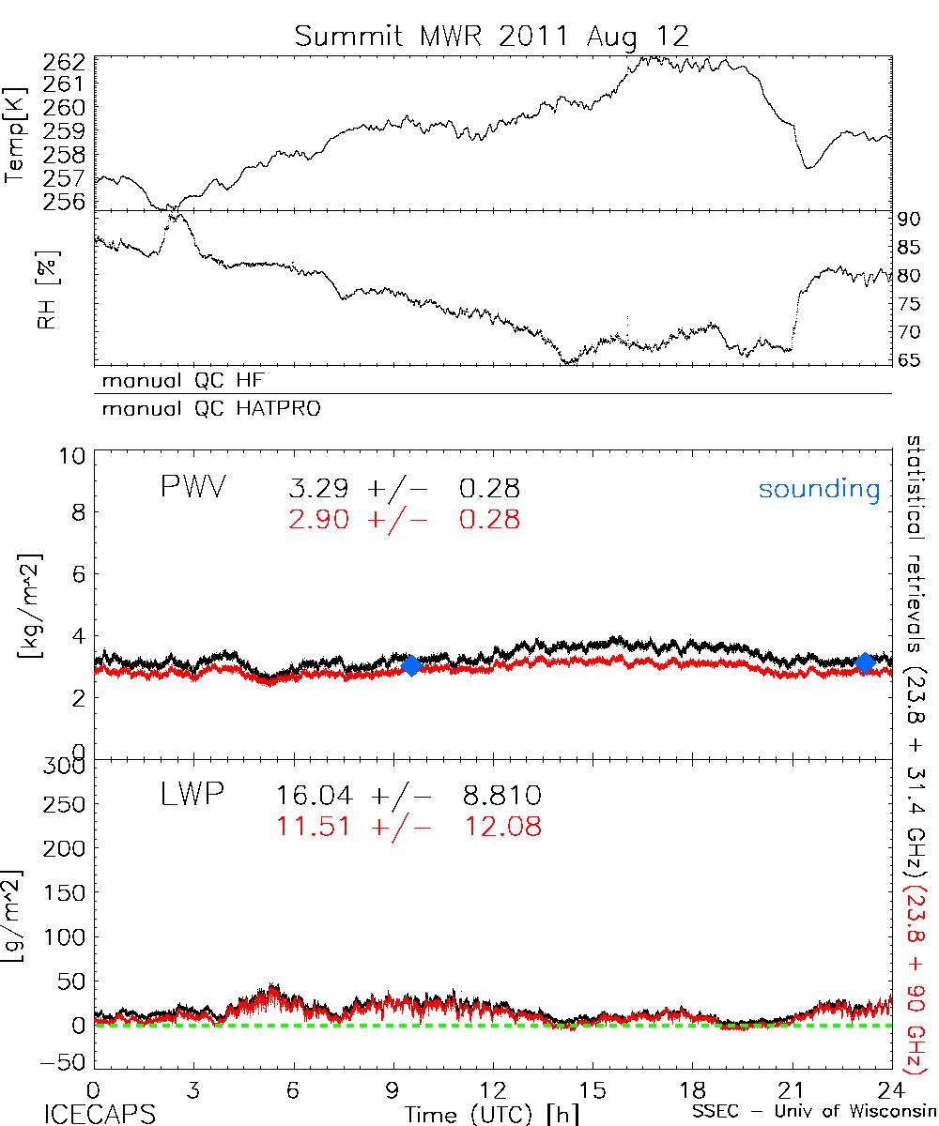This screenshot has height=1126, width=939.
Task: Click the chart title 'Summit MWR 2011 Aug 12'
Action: pos(491,36)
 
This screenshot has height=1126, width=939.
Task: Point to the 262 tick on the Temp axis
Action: pos(68,63)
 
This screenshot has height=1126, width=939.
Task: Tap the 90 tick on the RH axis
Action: pos(909,221)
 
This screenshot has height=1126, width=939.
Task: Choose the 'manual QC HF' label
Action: pos(177,381)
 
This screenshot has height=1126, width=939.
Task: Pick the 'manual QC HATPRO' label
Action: pos(203,409)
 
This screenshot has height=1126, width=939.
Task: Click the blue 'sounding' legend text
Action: pos(819,489)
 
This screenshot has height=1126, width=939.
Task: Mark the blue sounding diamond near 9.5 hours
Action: pos(410,665)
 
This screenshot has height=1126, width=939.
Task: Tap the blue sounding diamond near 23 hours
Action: pos(865,662)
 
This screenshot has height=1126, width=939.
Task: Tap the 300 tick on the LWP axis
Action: pos(65,767)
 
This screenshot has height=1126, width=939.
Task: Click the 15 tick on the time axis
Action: pos(593,1088)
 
